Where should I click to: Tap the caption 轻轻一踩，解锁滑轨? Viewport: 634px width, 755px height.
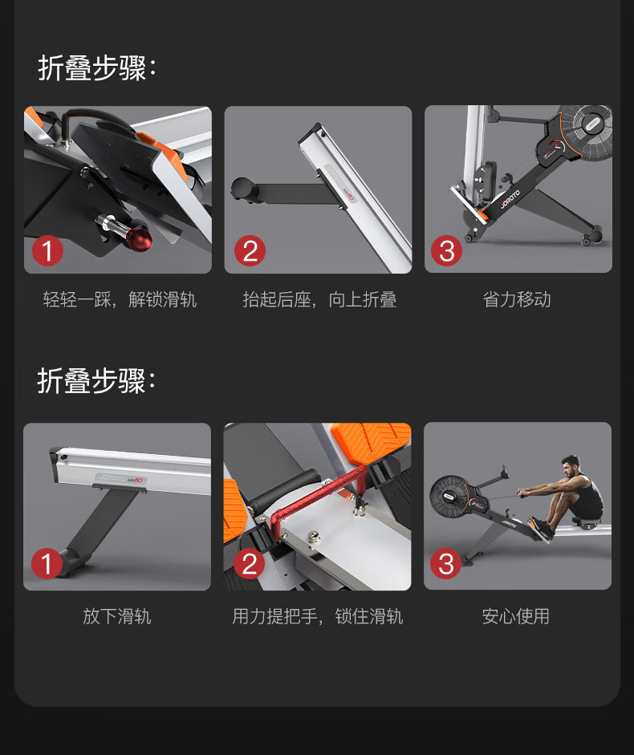pyautogui.click(x=120, y=299)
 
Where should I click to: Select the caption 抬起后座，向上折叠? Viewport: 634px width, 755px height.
pyautogui.click(x=319, y=299)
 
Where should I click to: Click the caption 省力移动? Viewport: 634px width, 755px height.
pyautogui.click(x=517, y=299)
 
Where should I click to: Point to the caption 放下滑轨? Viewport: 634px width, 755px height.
pyautogui.click(x=117, y=616)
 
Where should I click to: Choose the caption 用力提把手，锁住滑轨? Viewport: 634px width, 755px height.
pyautogui.click(x=318, y=616)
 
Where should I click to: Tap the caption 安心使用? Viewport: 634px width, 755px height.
pyautogui.click(x=516, y=616)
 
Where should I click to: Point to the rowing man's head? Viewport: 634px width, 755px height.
pyautogui.click(x=571, y=465)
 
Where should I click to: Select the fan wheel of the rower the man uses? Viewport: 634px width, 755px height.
pyautogui.click(x=449, y=497)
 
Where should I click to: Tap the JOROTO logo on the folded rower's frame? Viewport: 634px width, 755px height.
pyautogui.click(x=510, y=198)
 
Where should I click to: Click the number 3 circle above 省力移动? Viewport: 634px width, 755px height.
pyautogui.click(x=446, y=250)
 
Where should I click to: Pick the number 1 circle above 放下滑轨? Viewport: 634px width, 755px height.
pyautogui.click(x=47, y=563)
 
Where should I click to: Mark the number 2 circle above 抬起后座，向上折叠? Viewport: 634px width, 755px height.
pyautogui.click(x=250, y=250)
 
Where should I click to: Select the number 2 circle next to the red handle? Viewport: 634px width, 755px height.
pyautogui.click(x=249, y=563)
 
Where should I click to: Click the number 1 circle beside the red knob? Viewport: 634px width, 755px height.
pyautogui.click(x=47, y=250)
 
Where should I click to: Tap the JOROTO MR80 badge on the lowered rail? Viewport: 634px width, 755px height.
pyautogui.click(x=121, y=479)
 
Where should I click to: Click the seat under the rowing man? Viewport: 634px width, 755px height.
pyautogui.click(x=587, y=521)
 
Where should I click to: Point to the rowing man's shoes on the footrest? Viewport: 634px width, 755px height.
pyautogui.click(x=541, y=527)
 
